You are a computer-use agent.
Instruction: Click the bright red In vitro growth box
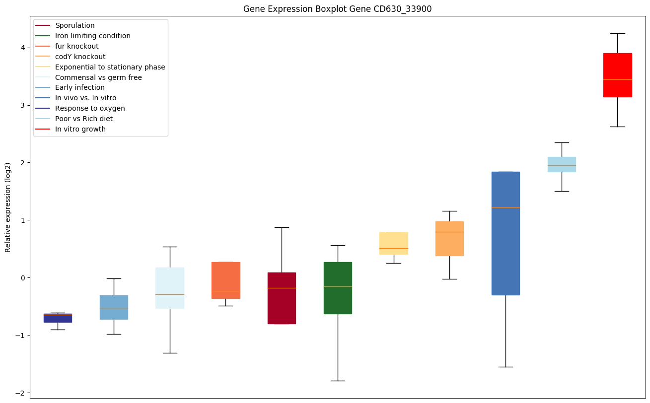click(617, 75)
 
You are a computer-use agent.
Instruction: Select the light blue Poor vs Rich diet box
click(561, 164)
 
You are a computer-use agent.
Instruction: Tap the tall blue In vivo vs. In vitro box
click(506, 233)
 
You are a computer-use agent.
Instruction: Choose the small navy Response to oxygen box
click(58, 318)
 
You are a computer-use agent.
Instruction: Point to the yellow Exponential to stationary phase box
click(394, 243)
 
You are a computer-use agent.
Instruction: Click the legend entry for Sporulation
click(75, 25)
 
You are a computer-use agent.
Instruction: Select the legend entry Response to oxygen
click(90, 108)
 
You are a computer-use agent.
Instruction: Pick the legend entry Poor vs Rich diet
click(84, 119)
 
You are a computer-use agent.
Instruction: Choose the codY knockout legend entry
click(80, 57)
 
